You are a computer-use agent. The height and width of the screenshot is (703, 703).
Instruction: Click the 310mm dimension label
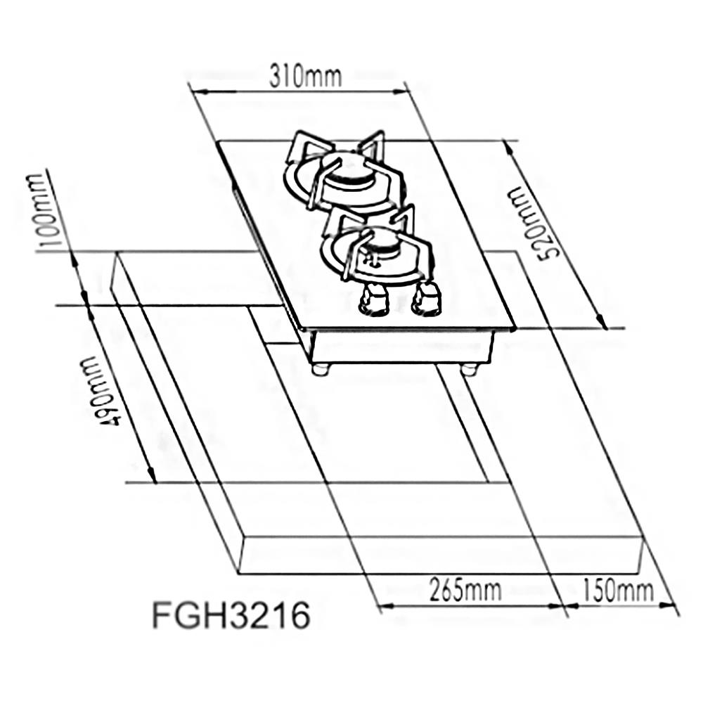[305, 76]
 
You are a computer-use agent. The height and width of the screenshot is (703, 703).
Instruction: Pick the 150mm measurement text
[617, 591]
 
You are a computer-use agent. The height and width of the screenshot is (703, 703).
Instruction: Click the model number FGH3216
[231, 617]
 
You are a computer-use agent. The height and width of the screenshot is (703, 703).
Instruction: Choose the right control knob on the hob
[427, 298]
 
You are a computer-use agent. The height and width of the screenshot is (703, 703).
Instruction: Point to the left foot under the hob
[321, 368]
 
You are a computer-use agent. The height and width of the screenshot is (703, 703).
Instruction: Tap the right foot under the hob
[470, 368]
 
